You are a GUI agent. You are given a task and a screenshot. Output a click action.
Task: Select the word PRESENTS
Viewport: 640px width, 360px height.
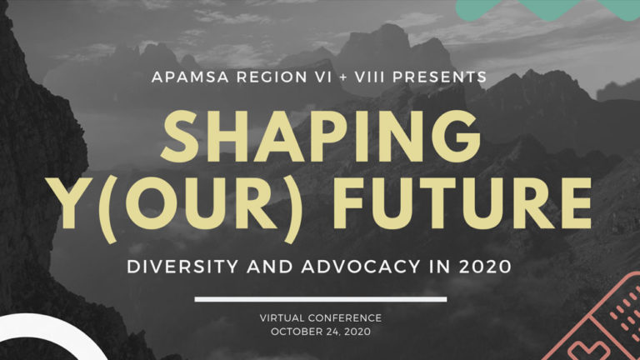click(440, 77)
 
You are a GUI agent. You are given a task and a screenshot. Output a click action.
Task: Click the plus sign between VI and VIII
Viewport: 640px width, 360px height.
click(343, 77)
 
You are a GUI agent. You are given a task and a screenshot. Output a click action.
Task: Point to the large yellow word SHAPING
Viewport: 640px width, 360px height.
click(321, 137)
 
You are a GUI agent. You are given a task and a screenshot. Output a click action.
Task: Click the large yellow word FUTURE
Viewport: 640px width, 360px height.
click(462, 203)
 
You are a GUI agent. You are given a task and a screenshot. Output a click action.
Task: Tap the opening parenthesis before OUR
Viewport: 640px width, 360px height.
click(108, 207)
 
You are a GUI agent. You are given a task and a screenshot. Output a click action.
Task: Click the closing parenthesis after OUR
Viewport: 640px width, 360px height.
click(293, 207)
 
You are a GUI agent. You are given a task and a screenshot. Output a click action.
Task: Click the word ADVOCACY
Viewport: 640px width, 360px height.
click(360, 267)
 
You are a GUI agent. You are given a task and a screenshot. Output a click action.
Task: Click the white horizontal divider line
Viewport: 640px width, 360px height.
click(321, 300)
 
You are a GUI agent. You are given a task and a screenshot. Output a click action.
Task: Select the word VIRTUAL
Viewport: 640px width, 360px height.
click(282, 318)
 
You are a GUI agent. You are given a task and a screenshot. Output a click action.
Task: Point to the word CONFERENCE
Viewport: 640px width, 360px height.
click(345, 318)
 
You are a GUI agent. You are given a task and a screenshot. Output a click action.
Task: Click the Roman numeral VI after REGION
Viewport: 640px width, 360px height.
click(323, 77)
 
